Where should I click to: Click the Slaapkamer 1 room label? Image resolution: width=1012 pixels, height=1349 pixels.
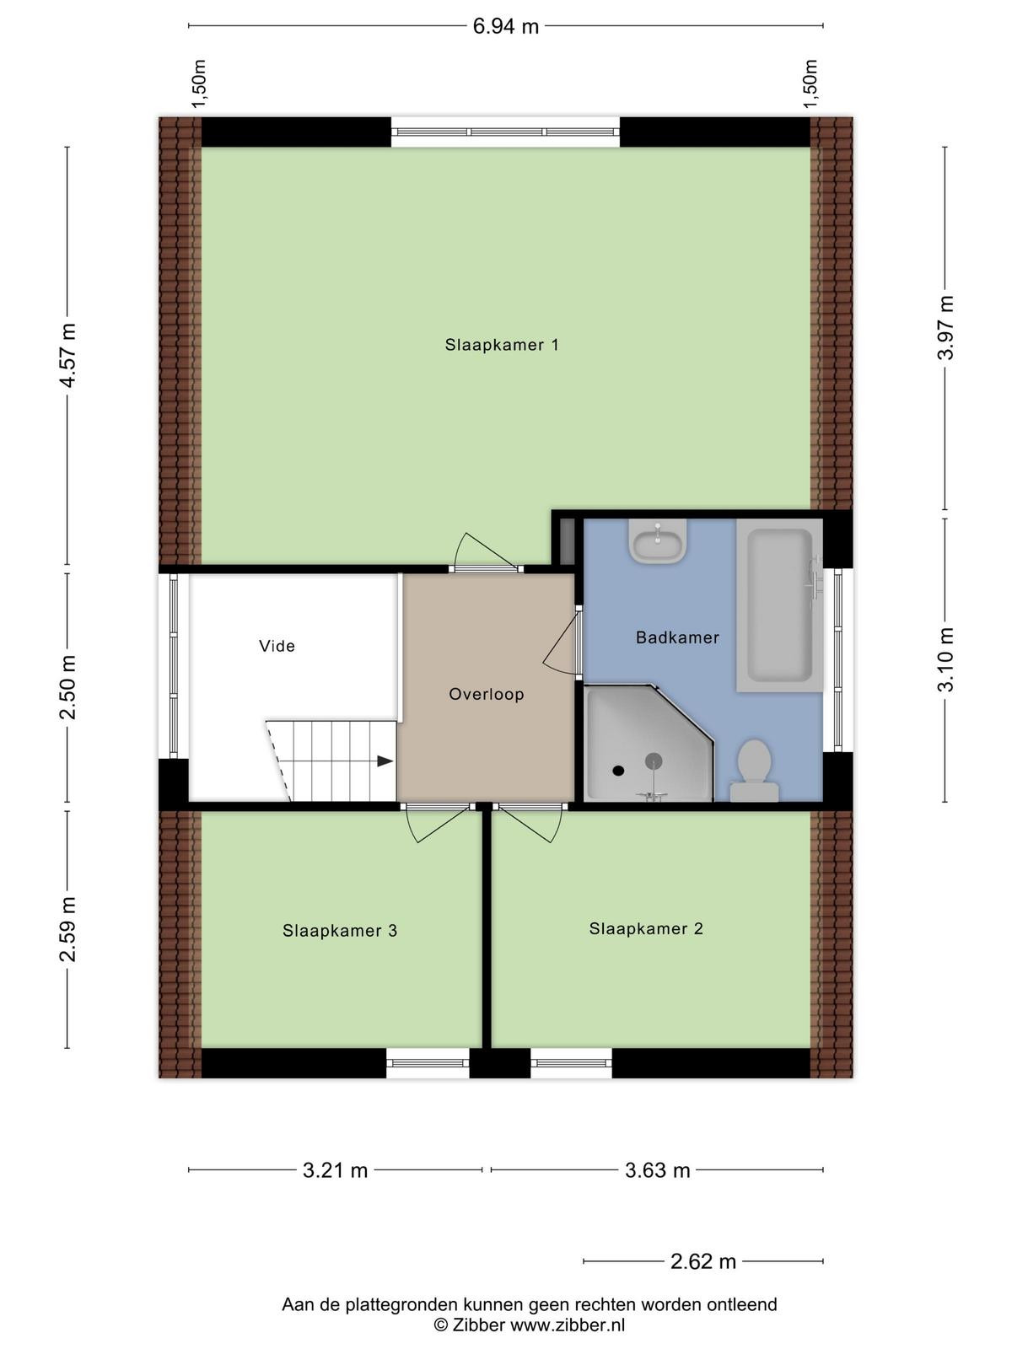click(502, 345)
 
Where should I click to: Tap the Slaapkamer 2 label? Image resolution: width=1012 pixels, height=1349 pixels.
click(646, 928)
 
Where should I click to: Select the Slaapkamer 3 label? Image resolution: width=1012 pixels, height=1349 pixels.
click(340, 931)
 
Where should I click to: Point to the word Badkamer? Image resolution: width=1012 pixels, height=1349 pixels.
click(677, 637)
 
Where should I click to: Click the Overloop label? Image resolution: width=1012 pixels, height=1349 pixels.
click(486, 695)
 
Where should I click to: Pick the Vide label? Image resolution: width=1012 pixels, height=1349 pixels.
click(277, 646)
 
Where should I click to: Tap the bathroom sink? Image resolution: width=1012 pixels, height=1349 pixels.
click(657, 541)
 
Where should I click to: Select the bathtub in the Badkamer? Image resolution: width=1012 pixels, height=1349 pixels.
click(780, 606)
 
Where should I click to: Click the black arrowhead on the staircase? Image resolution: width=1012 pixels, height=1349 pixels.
click(385, 761)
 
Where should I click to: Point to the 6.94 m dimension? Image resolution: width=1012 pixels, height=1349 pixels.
click(506, 26)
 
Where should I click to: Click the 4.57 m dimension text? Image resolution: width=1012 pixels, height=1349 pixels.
click(69, 356)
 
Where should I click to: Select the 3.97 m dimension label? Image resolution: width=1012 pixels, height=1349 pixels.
click(947, 328)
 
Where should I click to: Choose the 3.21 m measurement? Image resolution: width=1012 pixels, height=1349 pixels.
click(335, 1170)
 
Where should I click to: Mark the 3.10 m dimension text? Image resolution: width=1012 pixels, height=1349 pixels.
click(947, 659)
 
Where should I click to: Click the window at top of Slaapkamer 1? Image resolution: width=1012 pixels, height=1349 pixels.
click(505, 132)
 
